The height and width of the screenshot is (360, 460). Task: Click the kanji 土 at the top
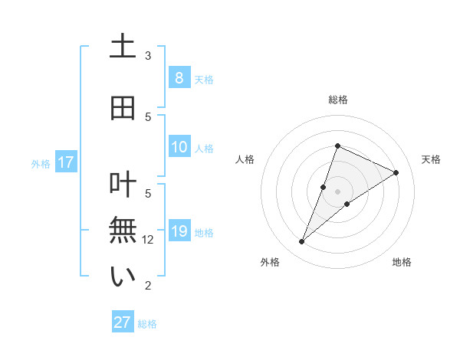123,47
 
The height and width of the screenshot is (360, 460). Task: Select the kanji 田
123,108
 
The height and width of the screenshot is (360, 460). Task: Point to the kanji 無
123,231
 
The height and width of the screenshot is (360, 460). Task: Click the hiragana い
123,277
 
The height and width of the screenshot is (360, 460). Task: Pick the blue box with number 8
179,77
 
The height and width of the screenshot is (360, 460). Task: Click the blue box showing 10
179,147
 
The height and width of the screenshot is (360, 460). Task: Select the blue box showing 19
179,231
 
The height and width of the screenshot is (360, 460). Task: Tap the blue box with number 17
65,162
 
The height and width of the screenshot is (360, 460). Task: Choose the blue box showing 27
123,322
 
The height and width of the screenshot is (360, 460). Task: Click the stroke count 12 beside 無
149,240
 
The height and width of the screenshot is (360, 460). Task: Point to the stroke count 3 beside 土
148,56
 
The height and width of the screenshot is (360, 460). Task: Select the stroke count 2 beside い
148,286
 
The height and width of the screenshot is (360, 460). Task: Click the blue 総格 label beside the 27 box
147,324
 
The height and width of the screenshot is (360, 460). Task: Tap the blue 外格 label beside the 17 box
40,163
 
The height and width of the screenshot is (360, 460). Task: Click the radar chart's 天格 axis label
432,159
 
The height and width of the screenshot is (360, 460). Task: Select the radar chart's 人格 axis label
245,159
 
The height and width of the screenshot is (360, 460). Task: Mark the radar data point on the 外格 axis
302,242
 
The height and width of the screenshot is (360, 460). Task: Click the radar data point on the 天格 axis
396,172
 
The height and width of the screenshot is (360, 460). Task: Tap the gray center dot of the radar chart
338,191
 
